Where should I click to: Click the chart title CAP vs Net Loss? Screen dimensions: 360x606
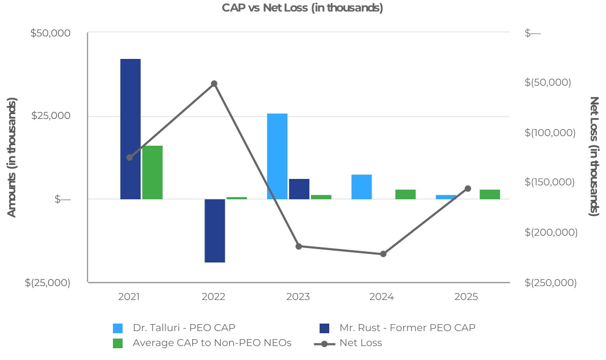[302, 8]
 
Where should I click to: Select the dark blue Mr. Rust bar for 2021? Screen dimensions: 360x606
[130, 129]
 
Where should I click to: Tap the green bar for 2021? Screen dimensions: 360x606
[153, 172]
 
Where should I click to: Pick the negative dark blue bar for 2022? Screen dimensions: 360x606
[215, 230]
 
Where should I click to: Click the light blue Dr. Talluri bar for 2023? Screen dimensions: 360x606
[277, 156]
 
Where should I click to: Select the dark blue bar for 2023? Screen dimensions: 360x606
[299, 189]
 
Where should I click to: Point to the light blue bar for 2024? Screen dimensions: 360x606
[362, 186]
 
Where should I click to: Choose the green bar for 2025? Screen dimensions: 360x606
[490, 194]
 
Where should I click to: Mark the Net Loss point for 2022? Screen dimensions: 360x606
[214, 84]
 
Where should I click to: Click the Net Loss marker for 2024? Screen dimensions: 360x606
[383, 254]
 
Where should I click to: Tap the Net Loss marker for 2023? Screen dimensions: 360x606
[299, 246]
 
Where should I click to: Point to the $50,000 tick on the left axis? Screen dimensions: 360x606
[50, 33]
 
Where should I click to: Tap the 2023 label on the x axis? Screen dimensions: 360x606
[298, 297]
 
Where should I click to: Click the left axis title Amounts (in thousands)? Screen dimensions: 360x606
[12, 157]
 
